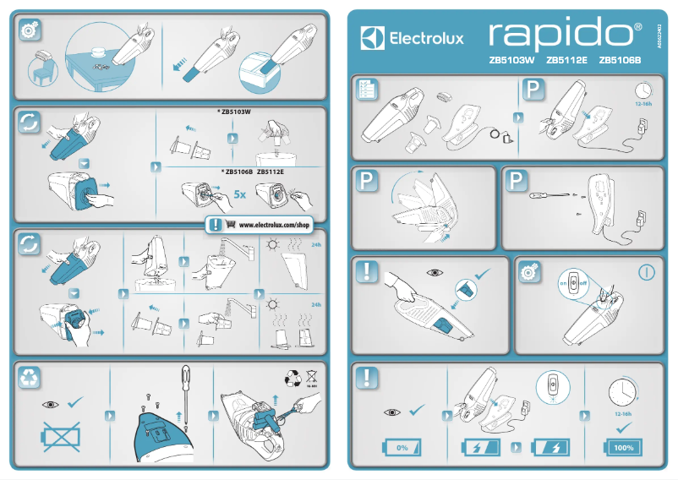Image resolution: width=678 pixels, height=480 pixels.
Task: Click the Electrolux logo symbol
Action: pos(373,38)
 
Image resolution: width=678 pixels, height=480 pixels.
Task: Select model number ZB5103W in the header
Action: pos(511,61)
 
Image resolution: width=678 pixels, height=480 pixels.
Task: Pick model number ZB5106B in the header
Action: pos(621,61)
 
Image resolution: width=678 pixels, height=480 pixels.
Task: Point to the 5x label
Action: pos(240,194)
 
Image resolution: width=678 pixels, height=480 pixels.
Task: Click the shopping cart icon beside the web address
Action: pos(231,226)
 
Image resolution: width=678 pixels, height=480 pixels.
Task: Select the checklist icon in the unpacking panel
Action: pos(367,89)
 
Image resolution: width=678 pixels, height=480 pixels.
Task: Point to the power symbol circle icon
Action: pos(647,273)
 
